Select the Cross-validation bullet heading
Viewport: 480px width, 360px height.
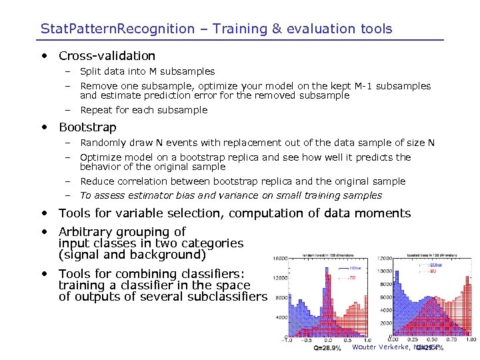(107, 56)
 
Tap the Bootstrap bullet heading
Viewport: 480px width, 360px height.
(87, 127)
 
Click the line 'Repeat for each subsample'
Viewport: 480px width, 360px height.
(143, 110)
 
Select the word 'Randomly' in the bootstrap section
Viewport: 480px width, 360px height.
(101, 143)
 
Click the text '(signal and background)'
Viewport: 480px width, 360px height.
(132, 255)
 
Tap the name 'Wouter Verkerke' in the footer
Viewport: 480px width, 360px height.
(381, 347)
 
